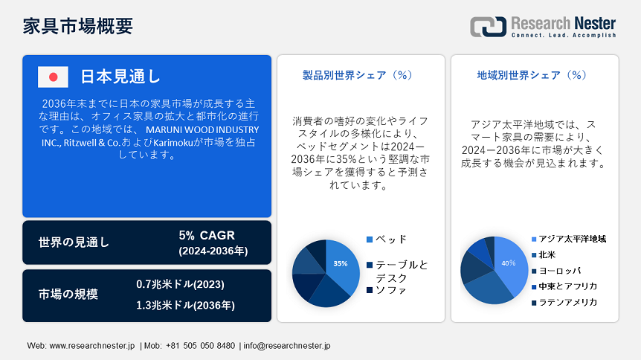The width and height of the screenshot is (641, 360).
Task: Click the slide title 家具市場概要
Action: [77, 26]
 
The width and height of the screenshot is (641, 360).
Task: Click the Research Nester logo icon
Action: [488, 27]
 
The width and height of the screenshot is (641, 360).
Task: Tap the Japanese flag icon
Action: [53, 77]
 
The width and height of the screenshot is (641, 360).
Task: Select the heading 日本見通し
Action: [120, 77]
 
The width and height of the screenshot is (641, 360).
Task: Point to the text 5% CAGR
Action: [207, 235]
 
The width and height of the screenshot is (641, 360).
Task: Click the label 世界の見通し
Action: [74, 242]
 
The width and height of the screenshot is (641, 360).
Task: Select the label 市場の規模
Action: [68, 294]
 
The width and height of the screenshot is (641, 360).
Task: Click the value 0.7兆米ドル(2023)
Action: [180, 284]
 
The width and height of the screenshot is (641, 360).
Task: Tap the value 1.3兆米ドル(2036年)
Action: [186, 305]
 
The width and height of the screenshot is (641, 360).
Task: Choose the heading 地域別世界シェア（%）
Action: [532, 75]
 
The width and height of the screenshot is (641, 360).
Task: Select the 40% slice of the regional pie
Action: [511, 264]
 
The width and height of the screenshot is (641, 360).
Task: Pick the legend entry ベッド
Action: [387, 240]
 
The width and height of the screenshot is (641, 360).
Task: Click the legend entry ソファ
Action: [387, 290]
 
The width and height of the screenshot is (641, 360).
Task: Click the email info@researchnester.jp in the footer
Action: [287, 346]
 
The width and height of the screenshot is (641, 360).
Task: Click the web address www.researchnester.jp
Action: [92, 346]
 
